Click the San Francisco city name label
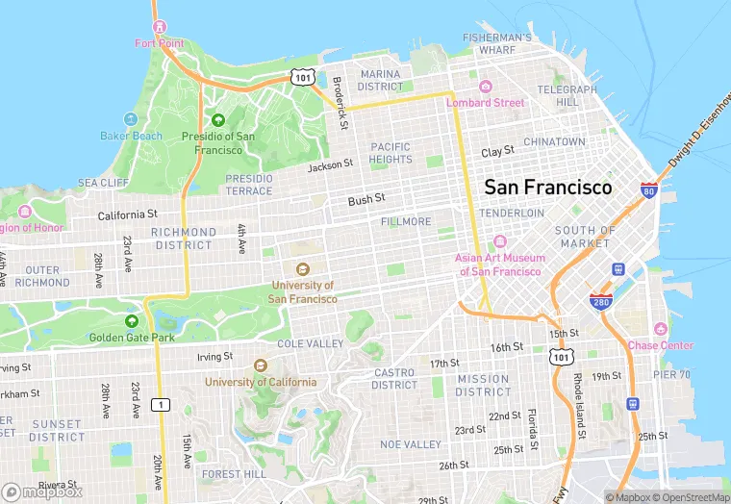point(547,187)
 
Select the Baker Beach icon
point(131,119)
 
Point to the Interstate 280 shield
point(601,301)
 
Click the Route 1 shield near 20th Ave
point(161,404)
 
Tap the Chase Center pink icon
point(660,329)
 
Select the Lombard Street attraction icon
point(485,87)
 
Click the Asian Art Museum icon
point(499,241)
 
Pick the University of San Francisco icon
point(302,269)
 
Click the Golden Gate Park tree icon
point(132,321)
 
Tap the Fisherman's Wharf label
point(496,43)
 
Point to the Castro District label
point(394,379)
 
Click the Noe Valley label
point(411,444)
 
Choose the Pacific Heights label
point(390,153)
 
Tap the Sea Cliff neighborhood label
point(103,183)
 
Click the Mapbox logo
point(42,491)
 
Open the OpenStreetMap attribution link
point(691,497)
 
